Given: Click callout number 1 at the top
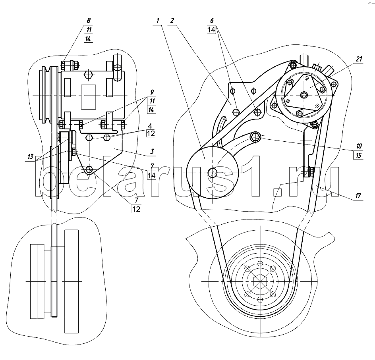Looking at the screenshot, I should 158,20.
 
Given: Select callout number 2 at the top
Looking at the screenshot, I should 172,20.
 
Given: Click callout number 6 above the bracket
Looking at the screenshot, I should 212,20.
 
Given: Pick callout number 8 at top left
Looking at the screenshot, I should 88,20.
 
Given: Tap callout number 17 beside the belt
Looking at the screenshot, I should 359,195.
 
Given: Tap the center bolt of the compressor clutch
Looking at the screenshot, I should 304,94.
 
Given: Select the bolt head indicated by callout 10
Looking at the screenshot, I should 256,138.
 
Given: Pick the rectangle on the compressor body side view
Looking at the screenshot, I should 88,96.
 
